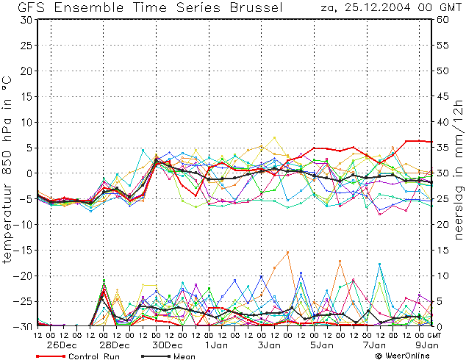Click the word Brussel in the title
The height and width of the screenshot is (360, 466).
pos(257,7)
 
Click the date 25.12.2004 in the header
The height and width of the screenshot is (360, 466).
pos(378,7)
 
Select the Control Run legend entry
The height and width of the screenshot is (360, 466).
pos(78,356)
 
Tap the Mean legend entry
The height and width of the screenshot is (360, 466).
pos(168,356)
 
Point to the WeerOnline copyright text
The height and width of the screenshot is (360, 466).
pos(402,356)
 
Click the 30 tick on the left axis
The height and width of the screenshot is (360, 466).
pos(26,20)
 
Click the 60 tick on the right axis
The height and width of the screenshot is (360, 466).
pos(442,20)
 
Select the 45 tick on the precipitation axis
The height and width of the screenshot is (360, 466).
pos(442,96)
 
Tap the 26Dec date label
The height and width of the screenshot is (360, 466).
pos(62,345)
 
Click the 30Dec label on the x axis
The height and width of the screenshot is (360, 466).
pos(168,345)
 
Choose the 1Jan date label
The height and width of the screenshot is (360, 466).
pos(216,345)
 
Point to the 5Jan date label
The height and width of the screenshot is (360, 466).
pos(321,345)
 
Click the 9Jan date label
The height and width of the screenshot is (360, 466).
pos(426,345)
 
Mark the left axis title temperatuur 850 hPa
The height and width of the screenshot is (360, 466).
pos(7,170)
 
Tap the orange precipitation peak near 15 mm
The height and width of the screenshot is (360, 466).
pos(287,252)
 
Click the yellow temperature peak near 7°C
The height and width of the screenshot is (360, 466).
pos(274,137)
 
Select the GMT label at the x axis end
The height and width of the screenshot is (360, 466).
pos(434,335)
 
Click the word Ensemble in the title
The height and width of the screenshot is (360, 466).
pos(89,7)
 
